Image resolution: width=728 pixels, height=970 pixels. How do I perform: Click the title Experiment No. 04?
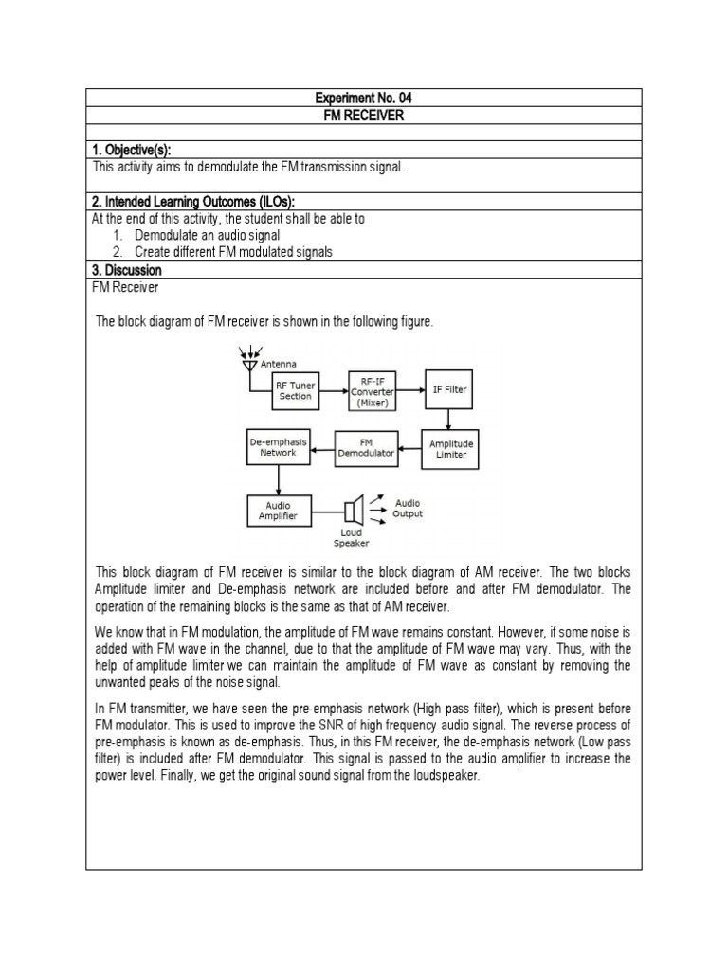pyautogui.click(x=364, y=98)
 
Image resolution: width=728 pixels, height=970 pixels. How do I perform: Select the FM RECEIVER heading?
pyautogui.click(x=364, y=115)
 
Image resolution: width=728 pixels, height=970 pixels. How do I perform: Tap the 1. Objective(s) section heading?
pyautogui.click(x=132, y=150)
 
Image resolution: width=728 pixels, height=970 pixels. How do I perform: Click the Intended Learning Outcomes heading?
pyautogui.click(x=193, y=202)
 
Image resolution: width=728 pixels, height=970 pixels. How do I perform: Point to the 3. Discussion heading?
pyautogui.click(x=127, y=270)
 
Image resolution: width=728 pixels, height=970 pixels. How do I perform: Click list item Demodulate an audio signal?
pyautogui.click(x=208, y=235)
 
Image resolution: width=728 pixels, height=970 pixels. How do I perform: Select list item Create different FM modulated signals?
pyautogui.click(x=233, y=252)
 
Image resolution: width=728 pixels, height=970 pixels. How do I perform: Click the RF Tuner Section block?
pyautogui.click(x=295, y=390)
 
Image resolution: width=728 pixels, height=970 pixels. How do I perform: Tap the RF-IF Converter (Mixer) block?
pyautogui.click(x=372, y=389)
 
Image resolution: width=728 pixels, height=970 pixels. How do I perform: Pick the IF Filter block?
pyautogui.click(x=449, y=389)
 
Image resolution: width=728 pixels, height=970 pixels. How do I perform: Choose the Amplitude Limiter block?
pyautogui.click(x=449, y=448)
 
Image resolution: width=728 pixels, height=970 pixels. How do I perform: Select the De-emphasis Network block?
pyautogui.click(x=273, y=447)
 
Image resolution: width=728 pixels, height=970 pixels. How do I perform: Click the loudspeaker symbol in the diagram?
pyautogui.click(x=354, y=511)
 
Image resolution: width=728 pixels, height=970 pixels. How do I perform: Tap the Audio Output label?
pyautogui.click(x=408, y=509)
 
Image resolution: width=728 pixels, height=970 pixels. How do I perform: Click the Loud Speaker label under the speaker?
pyautogui.click(x=351, y=538)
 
